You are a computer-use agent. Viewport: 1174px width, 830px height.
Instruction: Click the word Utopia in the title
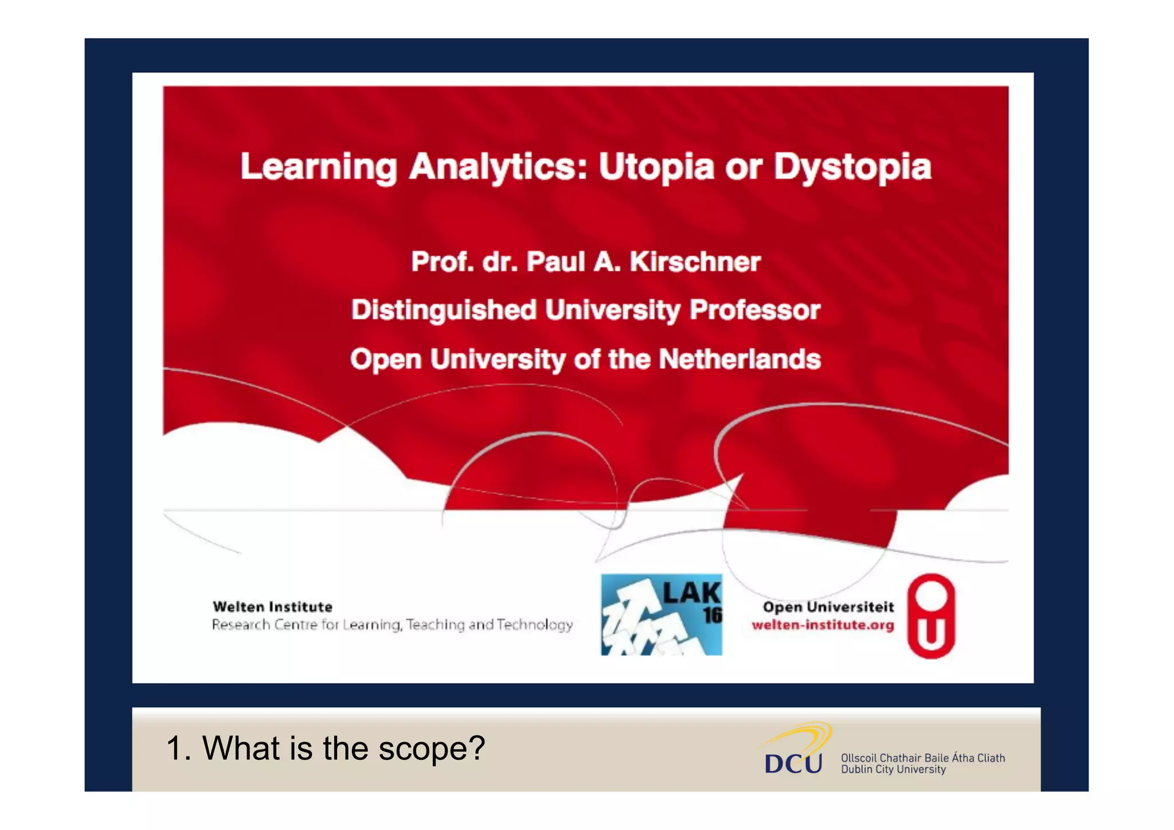pyautogui.click(x=656, y=167)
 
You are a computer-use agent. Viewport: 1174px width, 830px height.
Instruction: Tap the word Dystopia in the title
pyautogui.click(x=852, y=167)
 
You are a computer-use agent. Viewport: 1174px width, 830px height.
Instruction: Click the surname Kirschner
pyautogui.click(x=695, y=262)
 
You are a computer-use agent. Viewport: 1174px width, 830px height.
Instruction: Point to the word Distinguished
pyautogui.click(x=444, y=310)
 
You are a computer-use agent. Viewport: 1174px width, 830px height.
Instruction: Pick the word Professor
pyautogui.click(x=755, y=310)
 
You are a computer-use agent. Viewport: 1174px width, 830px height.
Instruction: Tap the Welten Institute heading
pyautogui.click(x=272, y=607)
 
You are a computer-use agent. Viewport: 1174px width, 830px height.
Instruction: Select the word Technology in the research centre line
pyautogui.click(x=534, y=625)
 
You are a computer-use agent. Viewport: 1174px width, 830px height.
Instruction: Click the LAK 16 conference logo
pyautogui.click(x=661, y=614)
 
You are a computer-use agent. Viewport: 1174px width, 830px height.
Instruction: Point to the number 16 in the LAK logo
pyautogui.click(x=713, y=615)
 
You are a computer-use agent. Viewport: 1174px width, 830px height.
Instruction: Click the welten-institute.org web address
pyautogui.click(x=823, y=625)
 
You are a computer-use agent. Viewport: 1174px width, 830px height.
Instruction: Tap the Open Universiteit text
pyautogui.click(x=828, y=607)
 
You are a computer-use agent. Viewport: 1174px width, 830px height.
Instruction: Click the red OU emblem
pyautogui.click(x=931, y=615)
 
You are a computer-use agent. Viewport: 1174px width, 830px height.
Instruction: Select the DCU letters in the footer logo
pyautogui.click(x=793, y=763)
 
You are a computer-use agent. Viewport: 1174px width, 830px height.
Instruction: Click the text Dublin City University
pyautogui.click(x=893, y=770)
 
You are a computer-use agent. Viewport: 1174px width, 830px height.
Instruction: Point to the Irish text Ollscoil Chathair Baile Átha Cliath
pyautogui.click(x=923, y=758)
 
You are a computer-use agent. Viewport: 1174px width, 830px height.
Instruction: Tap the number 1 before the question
pyautogui.click(x=174, y=749)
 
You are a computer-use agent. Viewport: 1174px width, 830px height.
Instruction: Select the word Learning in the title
pyautogui.click(x=318, y=167)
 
